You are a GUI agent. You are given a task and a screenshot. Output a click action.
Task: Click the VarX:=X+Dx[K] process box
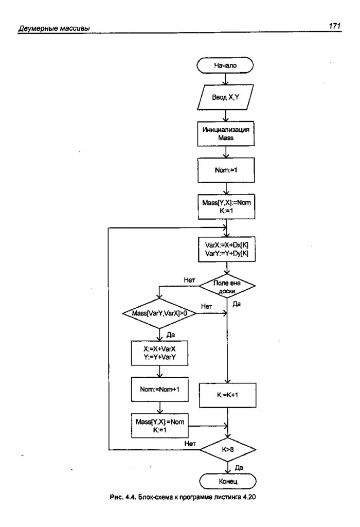pyautogui.click(x=227, y=250)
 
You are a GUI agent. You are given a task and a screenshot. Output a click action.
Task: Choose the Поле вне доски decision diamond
pyautogui.click(x=227, y=286)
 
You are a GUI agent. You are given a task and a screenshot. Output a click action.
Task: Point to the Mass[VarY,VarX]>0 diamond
pyautogui.click(x=159, y=313)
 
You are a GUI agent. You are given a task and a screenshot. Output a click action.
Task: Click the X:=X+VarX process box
pyautogui.click(x=159, y=353)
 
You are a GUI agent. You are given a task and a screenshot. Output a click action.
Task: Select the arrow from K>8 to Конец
pyautogui.click(x=227, y=466)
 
